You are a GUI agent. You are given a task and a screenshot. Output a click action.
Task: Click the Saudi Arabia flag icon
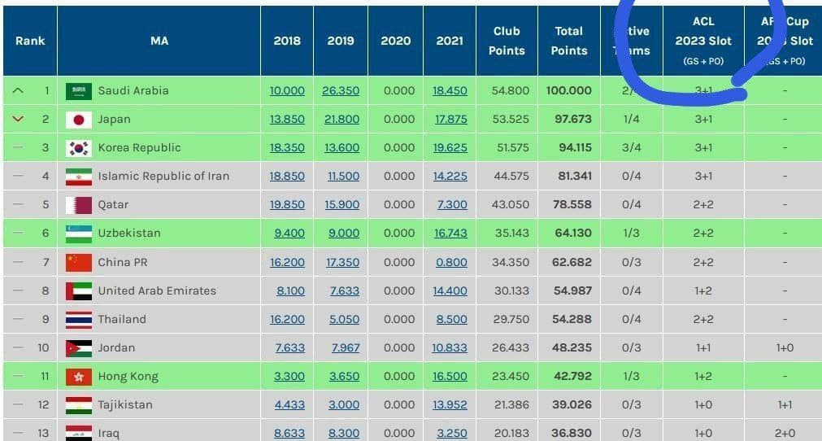point(79,90)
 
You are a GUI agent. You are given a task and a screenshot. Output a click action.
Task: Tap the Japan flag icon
point(79,120)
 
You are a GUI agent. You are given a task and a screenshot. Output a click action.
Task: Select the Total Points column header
point(569,41)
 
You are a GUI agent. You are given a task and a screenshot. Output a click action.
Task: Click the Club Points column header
point(507,41)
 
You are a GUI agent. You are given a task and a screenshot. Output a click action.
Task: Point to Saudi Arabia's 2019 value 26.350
point(341,90)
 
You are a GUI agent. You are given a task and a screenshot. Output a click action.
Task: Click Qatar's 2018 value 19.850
point(287,204)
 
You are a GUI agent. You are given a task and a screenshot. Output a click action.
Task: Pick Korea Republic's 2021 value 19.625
point(450,147)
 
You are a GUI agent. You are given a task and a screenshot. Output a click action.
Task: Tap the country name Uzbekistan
point(129,233)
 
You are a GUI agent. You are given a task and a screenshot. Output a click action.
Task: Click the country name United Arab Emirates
point(157,290)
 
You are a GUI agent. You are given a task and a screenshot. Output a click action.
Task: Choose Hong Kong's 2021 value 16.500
point(450,376)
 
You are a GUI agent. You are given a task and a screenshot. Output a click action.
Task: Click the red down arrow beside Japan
point(19,119)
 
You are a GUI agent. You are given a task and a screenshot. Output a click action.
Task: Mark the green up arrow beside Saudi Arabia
point(19,90)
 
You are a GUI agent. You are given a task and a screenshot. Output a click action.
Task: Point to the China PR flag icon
point(79,262)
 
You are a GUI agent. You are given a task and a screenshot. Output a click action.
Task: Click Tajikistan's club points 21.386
point(511,404)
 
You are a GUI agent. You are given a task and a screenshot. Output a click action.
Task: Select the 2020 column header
point(396,41)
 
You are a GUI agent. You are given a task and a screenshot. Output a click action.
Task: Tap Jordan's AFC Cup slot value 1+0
point(785,347)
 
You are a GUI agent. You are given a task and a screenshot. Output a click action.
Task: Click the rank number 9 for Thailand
point(46,319)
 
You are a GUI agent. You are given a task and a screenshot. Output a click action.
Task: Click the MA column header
point(159,41)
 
